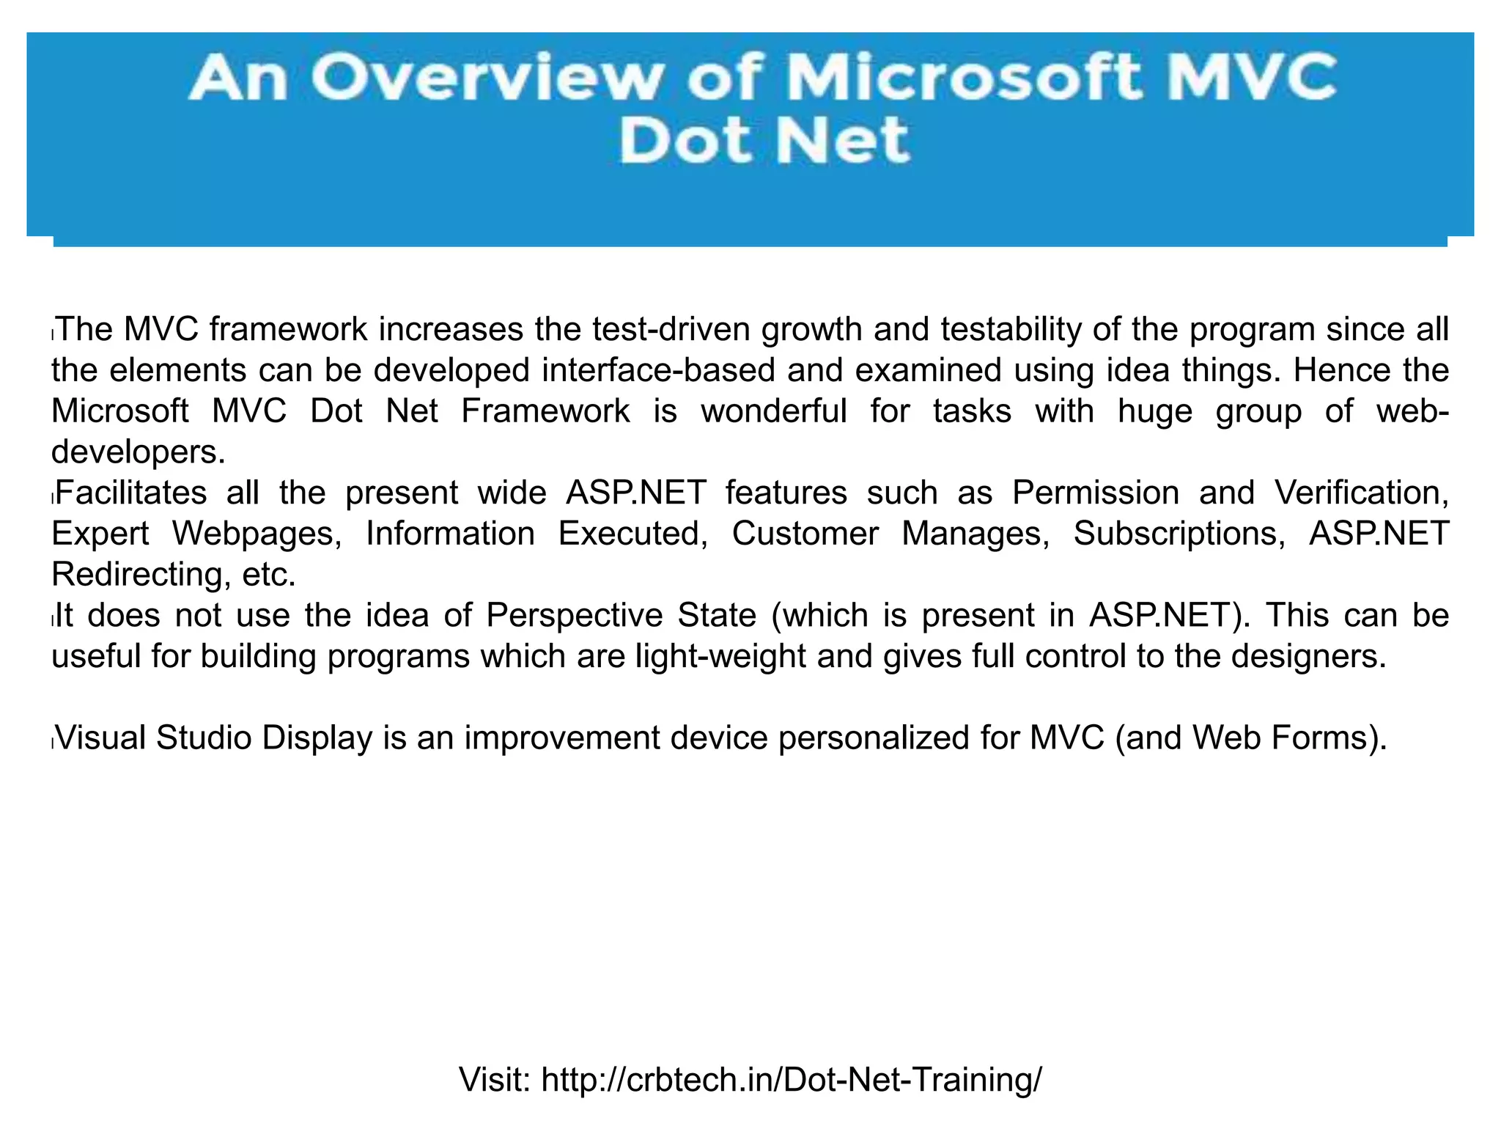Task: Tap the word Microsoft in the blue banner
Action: coord(965,78)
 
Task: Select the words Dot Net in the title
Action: coord(764,141)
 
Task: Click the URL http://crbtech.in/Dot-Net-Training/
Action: coord(791,1080)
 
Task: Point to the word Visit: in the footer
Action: coord(495,1080)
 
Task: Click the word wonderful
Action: coord(773,411)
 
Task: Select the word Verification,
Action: coord(1361,493)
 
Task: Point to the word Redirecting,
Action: coord(136,574)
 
